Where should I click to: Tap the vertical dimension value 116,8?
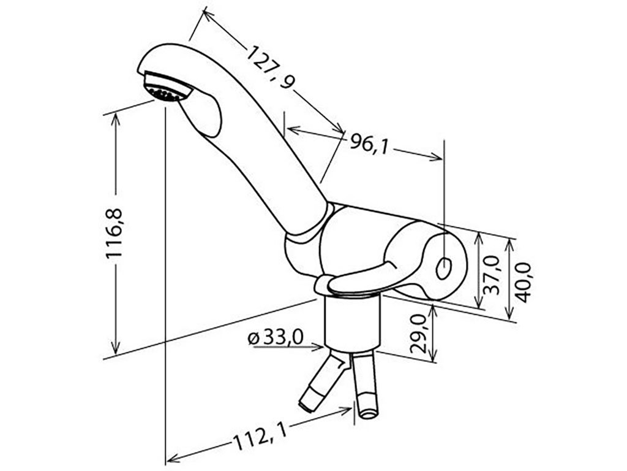click(x=116, y=233)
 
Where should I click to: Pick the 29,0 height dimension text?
click(x=419, y=334)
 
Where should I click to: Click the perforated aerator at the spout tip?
click(x=166, y=88)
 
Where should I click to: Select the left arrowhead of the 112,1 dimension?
click(x=172, y=458)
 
